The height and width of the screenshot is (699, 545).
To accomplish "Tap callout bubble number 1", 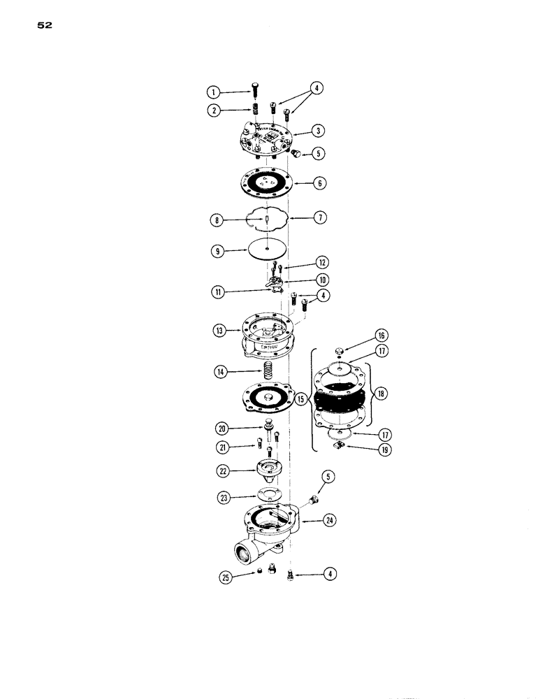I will [213, 92].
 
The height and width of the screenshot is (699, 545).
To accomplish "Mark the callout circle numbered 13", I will [223, 331].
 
